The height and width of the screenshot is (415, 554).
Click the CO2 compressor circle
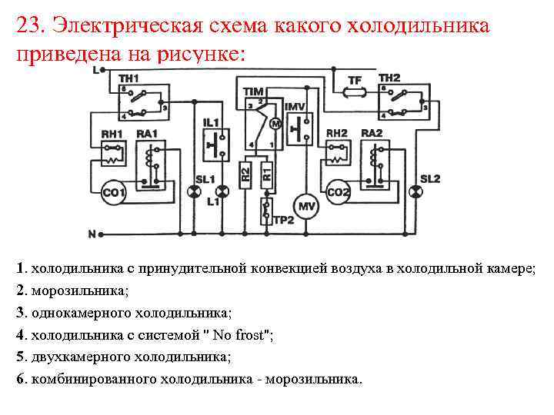(x=339, y=192)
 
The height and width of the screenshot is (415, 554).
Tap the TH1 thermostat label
(x=128, y=78)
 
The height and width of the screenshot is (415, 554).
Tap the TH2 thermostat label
(x=389, y=78)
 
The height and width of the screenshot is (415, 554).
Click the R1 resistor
(x=266, y=171)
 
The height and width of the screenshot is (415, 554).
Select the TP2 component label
(x=283, y=220)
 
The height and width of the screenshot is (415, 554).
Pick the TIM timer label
(x=253, y=91)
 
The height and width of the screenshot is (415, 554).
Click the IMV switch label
(x=296, y=105)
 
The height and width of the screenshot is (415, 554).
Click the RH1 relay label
(x=112, y=134)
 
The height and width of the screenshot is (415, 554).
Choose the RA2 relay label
(x=372, y=133)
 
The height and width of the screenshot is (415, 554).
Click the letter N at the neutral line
(x=92, y=233)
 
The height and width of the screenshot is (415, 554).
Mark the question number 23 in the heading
(x=28, y=26)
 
